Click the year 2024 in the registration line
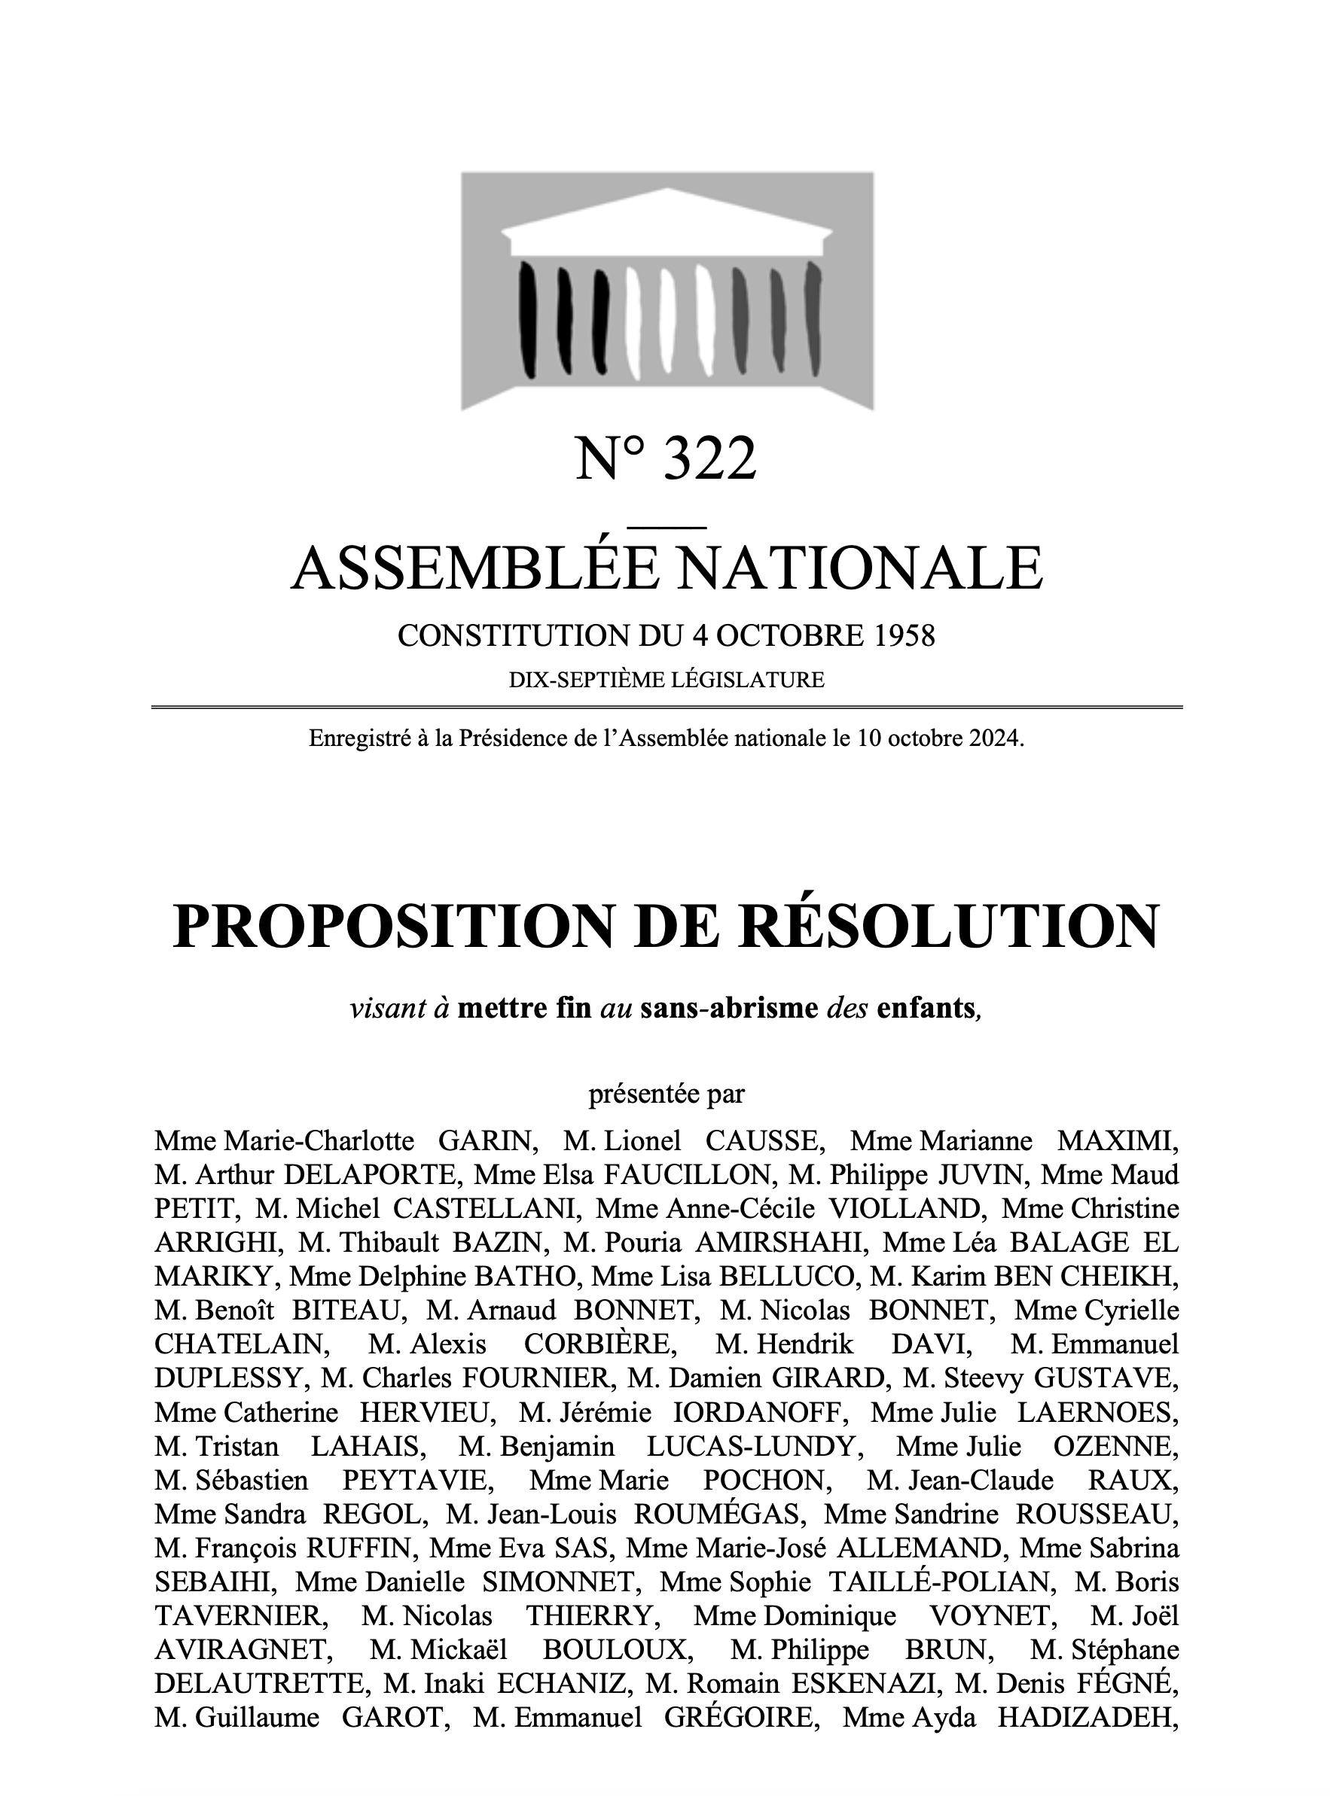pos(995,738)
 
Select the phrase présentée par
pos(667,1094)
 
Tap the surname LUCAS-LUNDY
pos(750,1446)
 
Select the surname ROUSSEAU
pos(1096,1514)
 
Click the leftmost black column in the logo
pos(528,319)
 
